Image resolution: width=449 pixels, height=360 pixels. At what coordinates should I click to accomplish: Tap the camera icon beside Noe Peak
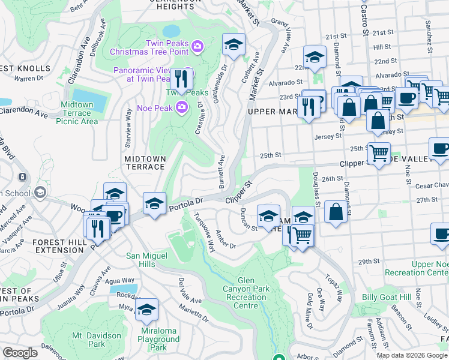tap(182, 106)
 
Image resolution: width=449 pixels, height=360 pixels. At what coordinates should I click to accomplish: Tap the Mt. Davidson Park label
tap(88, 340)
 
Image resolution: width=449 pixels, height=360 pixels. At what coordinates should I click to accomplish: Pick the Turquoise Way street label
tap(202, 232)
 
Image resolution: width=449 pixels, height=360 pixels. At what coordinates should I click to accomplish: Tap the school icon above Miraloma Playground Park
tap(146, 310)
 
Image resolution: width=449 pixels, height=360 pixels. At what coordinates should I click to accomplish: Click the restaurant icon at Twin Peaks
tap(181, 79)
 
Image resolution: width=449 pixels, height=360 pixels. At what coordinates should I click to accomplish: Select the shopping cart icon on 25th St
tap(379, 154)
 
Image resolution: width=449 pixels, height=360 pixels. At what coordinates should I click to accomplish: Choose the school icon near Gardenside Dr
tap(234, 44)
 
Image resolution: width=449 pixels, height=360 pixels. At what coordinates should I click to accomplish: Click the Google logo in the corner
tap(20, 353)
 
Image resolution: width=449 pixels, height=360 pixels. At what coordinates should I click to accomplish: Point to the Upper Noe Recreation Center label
tap(430, 268)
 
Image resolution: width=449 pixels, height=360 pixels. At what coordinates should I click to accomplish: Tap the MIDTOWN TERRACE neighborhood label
tap(145, 163)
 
